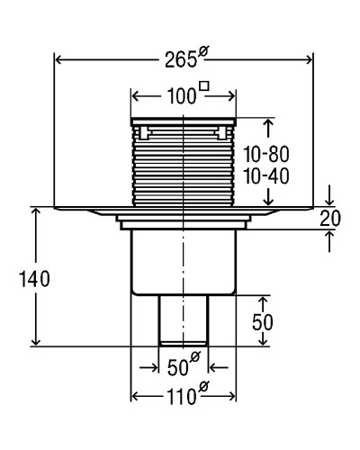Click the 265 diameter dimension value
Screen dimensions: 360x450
coord(181,60)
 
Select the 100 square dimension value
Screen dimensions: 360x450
coord(182,96)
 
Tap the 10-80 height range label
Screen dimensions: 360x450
coord(266,154)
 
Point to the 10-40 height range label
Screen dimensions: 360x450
coord(266,176)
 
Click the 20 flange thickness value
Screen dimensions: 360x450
coord(330,219)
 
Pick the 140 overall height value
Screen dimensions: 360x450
coord(34,279)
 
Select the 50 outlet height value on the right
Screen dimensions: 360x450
coord(263,322)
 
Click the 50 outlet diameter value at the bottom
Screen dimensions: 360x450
coord(178,367)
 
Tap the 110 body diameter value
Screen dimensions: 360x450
coord(181,397)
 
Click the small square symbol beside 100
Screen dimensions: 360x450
coord(204,86)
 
